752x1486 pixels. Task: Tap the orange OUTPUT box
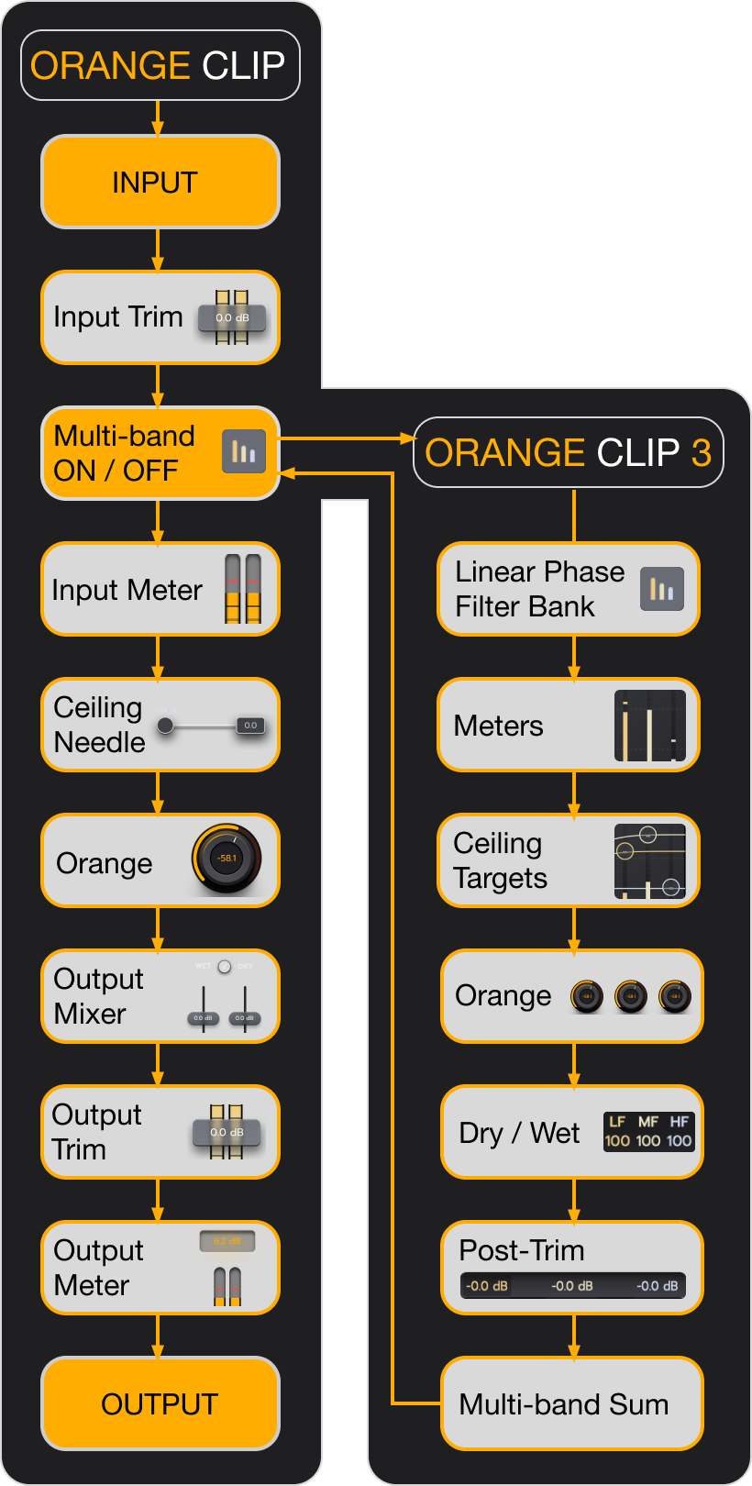click(x=160, y=1403)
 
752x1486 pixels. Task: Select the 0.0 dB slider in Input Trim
click(x=233, y=317)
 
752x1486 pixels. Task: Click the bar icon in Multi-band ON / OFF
click(x=244, y=451)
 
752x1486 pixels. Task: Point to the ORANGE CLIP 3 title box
click(x=568, y=452)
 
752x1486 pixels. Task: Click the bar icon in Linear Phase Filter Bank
click(x=661, y=589)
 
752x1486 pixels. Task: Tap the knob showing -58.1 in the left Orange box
click(x=227, y=859)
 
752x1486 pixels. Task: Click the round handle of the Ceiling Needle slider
click(x=165, y=726)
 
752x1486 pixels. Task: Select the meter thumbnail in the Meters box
click(x=650, y=726)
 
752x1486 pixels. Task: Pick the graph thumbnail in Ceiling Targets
click(x=650, y=860)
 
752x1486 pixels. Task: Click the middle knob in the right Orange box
click(x=631, y=996)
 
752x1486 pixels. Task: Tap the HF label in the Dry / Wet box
click(x=680, y=1121)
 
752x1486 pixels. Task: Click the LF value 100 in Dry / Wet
click(x=617, y=1141)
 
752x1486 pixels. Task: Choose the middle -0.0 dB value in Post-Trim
click(x=572, y=1286)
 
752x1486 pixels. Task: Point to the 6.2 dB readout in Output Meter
click(x=227, y=1241)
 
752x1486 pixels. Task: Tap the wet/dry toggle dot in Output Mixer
click(x=225, y=966)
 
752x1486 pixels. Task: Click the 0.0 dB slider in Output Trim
click(x=227, y=1132)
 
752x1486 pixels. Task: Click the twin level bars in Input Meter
click(x=243, y=589)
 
